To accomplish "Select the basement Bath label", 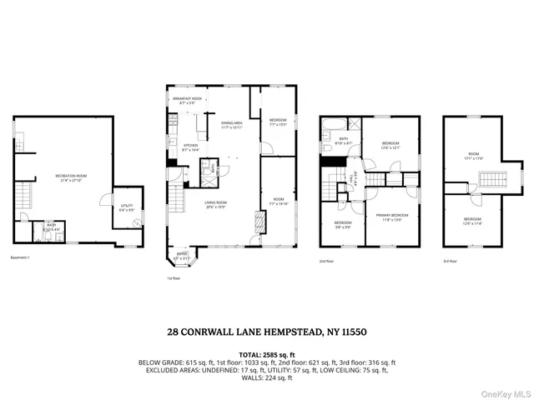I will pos(51,226).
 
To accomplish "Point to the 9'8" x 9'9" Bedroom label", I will pos(343,225).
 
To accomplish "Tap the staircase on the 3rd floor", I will pos(491,181).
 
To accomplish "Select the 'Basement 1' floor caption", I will pos(19,257).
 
